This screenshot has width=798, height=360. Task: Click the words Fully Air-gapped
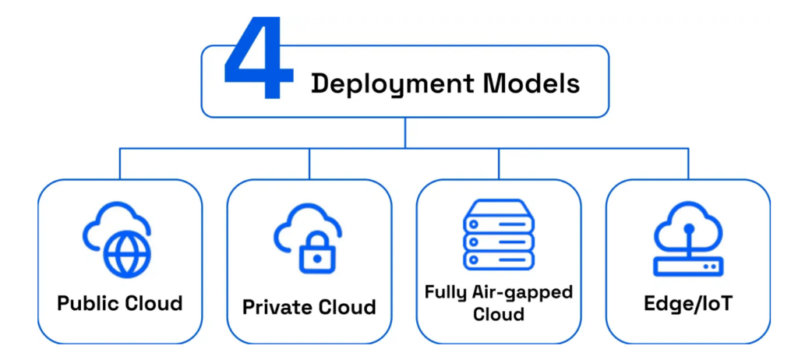[x=499, y=292]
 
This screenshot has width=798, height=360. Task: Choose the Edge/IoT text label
[x=688, y=303]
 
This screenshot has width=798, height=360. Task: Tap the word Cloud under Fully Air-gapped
[x=499, y=315]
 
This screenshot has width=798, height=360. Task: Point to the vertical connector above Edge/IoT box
[x=688, y=163]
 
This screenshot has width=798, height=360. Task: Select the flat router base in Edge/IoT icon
[x=688, y=266]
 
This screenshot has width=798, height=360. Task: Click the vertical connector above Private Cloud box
[x=309, y=163]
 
